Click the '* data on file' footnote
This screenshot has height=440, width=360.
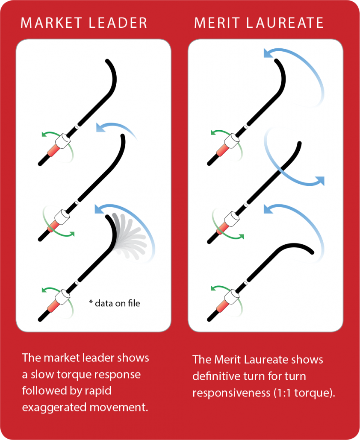tap(114, 303)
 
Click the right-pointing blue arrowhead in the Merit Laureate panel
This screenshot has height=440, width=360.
tap(319, 181)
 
